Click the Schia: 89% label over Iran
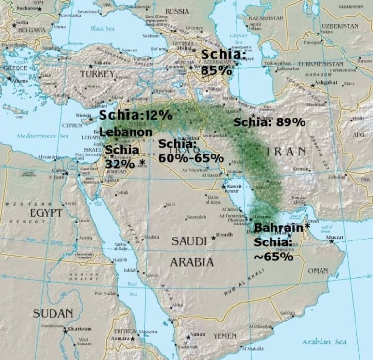269,122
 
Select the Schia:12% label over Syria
136,115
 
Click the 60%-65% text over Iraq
191,158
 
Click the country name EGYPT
47,213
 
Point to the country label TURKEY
97,74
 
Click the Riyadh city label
224,235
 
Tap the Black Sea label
102,28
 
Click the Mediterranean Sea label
44,136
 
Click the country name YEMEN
225,336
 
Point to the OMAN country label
318,270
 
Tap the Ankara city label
102,63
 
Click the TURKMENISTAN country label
320,64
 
